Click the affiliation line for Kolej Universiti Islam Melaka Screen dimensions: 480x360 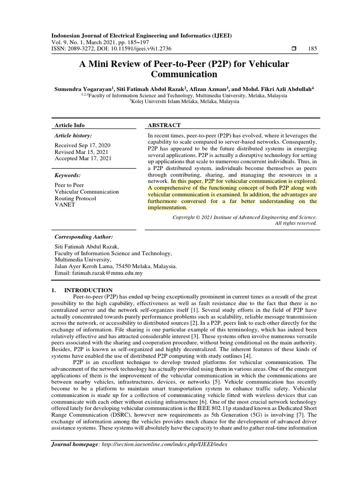(184, 101)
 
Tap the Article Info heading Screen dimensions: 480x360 (70, 125)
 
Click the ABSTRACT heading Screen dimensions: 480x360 (164, 125)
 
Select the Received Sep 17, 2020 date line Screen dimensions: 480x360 (82, 145)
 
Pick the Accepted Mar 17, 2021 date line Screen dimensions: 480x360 (83, 158)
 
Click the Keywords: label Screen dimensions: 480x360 (68, 175)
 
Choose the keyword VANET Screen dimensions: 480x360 (64, 205)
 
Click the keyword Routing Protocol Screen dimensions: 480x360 (75, 198)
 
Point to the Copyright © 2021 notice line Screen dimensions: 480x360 (245, 217)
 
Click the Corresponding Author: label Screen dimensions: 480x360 (84, 237)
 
